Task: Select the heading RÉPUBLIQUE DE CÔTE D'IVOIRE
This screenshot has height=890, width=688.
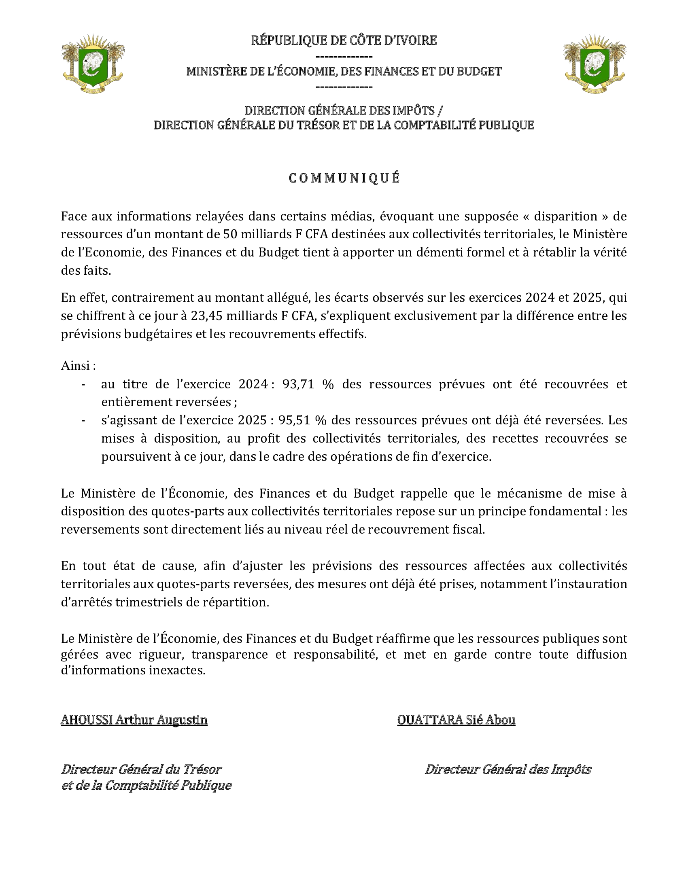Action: click(x=344, y=40)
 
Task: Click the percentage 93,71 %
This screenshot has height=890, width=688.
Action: click(x=308, y=384)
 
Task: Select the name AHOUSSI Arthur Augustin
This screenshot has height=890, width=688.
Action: click(x=134, y=720)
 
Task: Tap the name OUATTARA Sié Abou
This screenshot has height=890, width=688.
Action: click(x=456, y=720)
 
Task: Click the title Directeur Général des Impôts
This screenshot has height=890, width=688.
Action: click(x=508, y=769)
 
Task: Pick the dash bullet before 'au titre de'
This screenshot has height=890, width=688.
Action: click(x=83, y=384)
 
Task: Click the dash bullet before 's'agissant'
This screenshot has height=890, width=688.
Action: click(x=83, y=421)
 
